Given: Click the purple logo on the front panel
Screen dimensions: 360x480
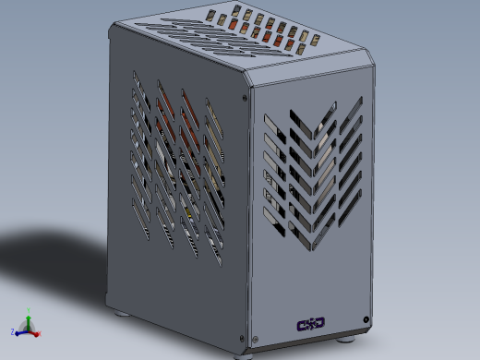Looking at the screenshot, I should click(310, 323).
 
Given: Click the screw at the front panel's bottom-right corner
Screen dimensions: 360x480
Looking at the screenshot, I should click(367, 319).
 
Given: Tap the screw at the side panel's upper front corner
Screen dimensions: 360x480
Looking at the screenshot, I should click(243, 92).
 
